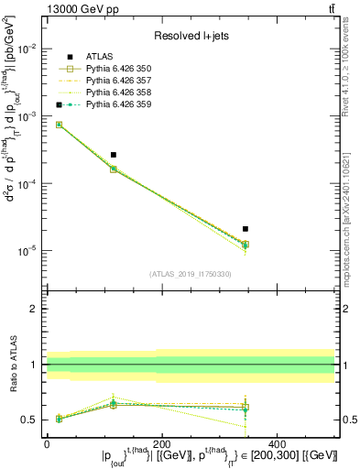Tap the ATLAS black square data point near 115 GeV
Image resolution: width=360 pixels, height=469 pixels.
114,155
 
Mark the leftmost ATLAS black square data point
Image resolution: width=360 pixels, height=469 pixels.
60,104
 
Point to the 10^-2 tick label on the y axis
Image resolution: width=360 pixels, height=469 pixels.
28,49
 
